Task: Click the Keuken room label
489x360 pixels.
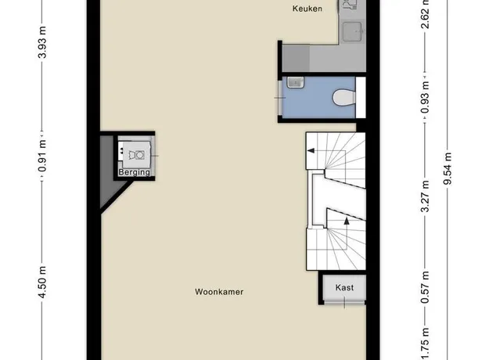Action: point(307,9)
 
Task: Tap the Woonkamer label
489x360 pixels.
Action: point(219,292)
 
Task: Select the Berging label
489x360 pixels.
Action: point(134,172)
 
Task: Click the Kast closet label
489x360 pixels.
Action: point(344,287)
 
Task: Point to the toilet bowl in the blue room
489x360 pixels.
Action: point(344,97)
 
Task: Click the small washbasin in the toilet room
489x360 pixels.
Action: point(295,83)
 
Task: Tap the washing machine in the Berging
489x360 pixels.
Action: point(136,155)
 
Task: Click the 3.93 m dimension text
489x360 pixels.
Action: point(42,42)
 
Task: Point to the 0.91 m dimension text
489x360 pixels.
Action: point(42,156)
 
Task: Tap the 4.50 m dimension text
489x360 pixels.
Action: point(42,282)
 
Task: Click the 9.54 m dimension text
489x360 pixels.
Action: point(448,168)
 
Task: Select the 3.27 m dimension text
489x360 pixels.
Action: point(425,196)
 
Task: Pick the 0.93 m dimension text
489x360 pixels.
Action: point(425,97)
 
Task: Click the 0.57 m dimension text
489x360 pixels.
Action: point(425,287)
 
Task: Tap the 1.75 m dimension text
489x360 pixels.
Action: point(425,344)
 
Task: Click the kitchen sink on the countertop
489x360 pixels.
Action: point(352,31)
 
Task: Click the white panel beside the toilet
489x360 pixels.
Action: point(361,97)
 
